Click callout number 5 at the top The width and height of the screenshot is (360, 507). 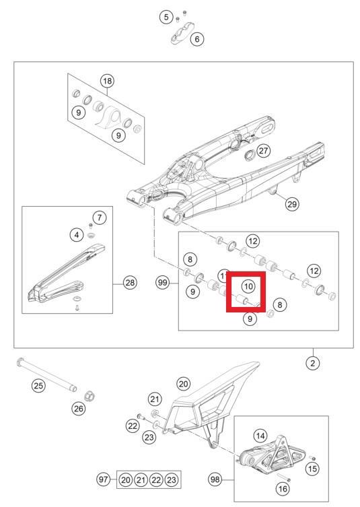point(166,16)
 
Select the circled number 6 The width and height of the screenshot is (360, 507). point(197,39)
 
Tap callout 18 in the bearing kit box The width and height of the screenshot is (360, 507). point(107,81)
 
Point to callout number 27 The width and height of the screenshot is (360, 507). point(263,151)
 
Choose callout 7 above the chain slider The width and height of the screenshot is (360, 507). point(99,217)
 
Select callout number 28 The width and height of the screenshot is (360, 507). point(130,283)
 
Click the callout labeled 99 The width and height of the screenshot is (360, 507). point(161,283)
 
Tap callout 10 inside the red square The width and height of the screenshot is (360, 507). point(248,286)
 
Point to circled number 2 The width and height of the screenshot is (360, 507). point(312,363)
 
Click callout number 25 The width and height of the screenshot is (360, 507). point(38,386)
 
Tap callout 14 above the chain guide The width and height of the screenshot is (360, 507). point(260,436)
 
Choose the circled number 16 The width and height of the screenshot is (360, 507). point(283,489)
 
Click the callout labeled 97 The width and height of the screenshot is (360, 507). point(102,479)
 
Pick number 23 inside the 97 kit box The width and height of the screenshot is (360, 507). point(172,479)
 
